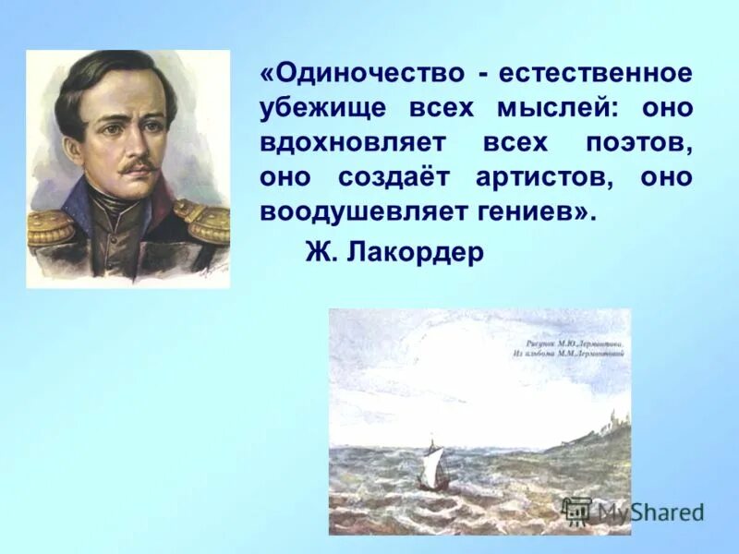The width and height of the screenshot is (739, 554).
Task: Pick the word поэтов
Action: pos(638,143)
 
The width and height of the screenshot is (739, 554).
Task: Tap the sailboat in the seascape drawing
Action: pos(434,466)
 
